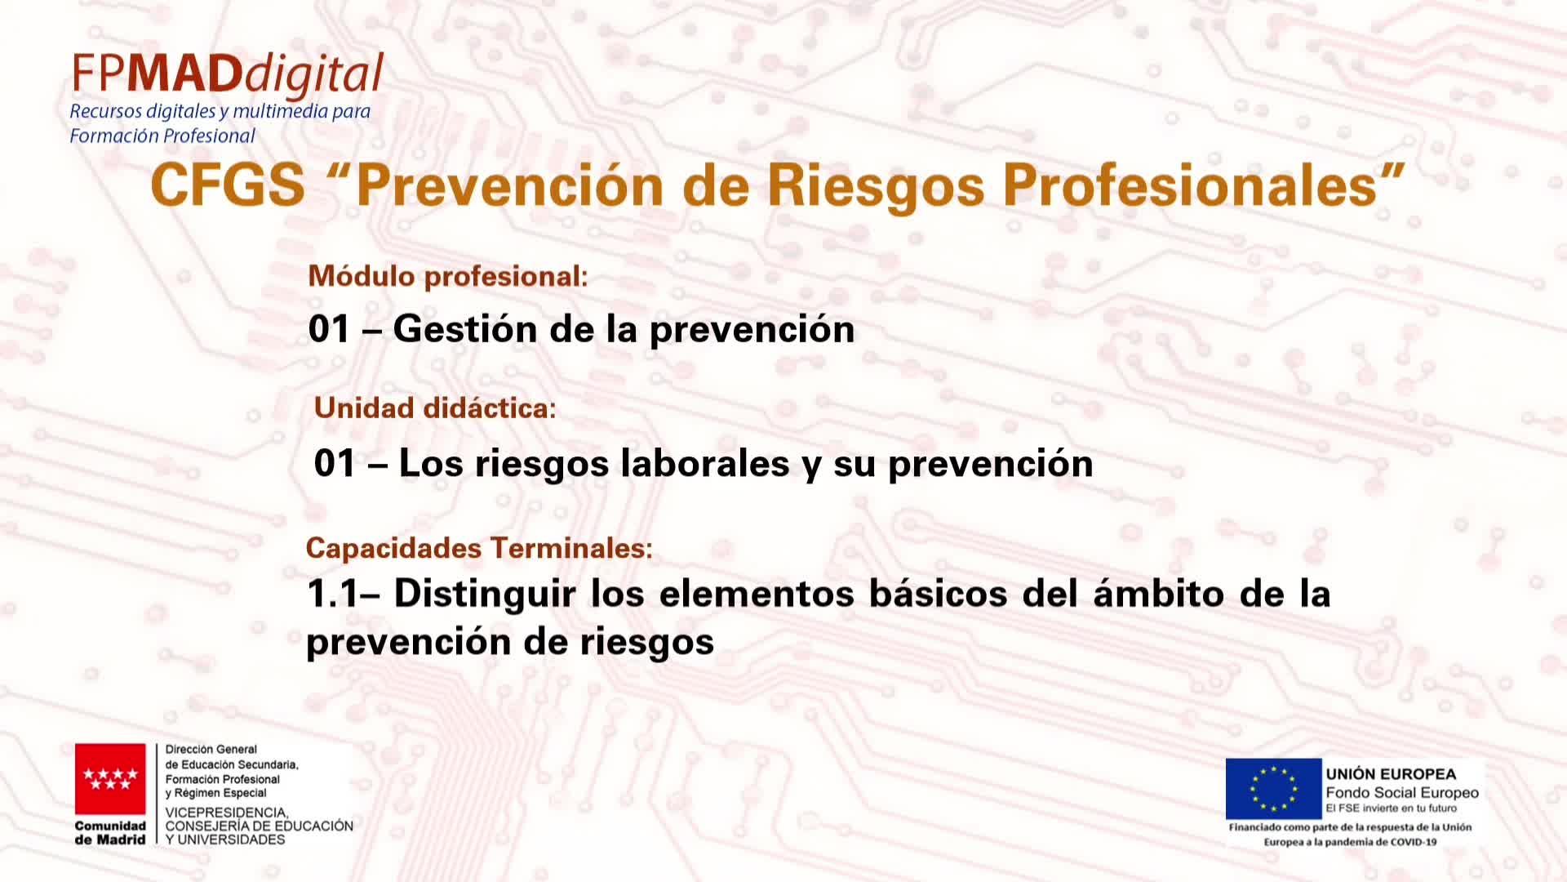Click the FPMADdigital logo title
coord(228,74)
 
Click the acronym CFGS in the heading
coord(228,185)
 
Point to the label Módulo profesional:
coord(448,276)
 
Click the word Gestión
coord(465,328)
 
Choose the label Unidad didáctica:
coord(435,408)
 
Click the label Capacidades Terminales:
coord(479,548)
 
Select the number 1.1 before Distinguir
coord(332,594)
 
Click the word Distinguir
coord(485,595)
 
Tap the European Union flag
coord(1273,788)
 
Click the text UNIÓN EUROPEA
coord(1391,774)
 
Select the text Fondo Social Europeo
coord(1402,793)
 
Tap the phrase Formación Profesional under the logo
coord(162,136)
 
